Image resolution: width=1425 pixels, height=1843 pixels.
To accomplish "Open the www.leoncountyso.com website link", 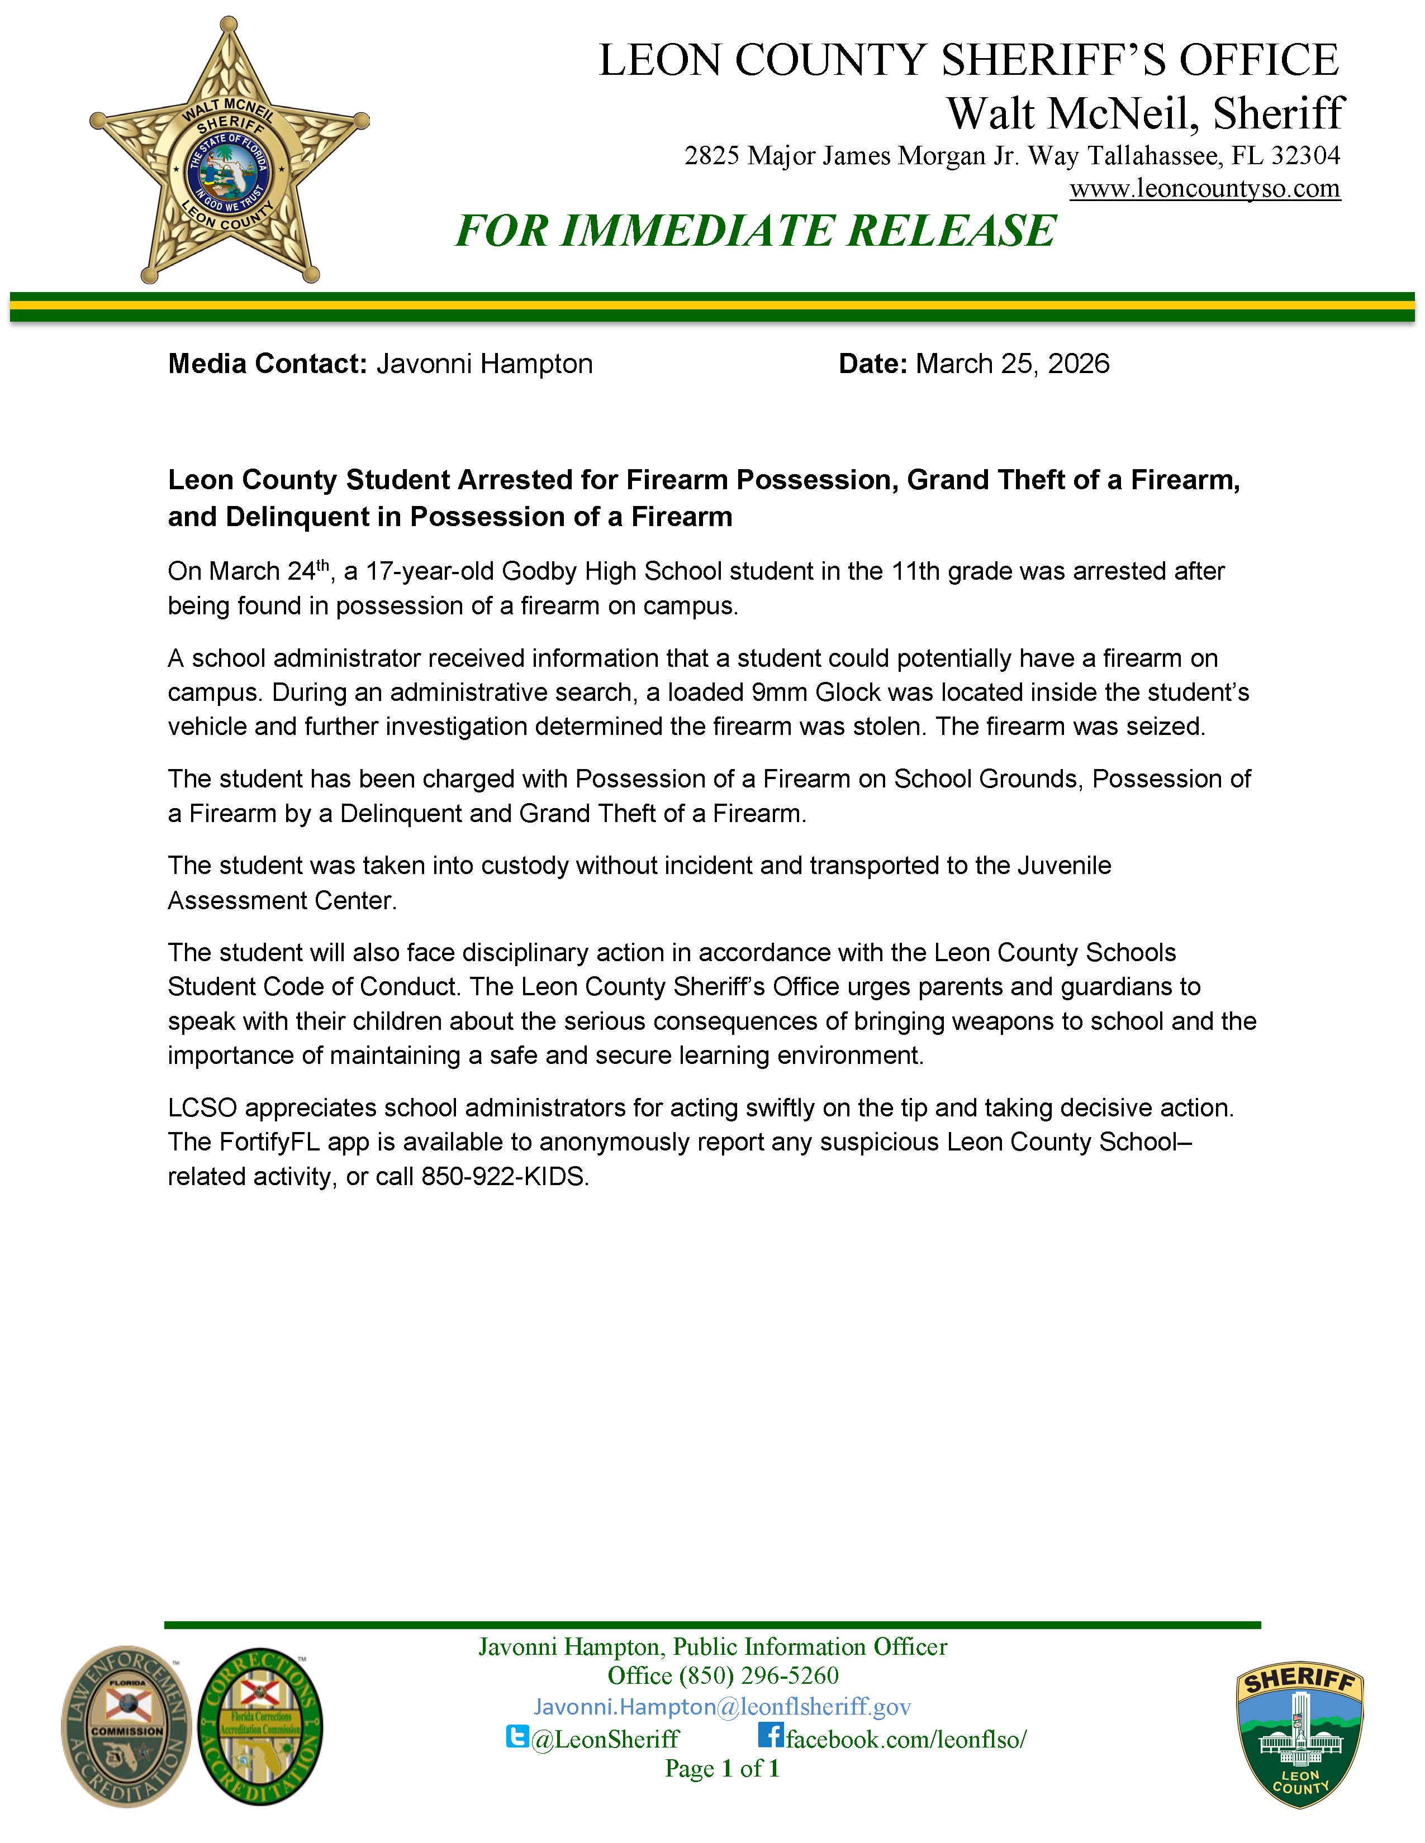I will [x=1205, y=188].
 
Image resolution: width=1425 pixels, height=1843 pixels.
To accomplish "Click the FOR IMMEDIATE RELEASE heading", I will [x=756, y=230].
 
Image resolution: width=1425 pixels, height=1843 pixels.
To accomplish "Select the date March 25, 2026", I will [x=1012, y=364].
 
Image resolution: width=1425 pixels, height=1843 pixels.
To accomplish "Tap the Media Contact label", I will [x=267, y=364].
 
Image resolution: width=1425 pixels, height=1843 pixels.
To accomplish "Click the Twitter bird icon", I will [x=517, y=1736].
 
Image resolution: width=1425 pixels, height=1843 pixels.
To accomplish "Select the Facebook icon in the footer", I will [x=770, y=1735].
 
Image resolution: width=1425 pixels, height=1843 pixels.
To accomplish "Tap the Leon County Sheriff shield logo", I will [x=1299, y=1734].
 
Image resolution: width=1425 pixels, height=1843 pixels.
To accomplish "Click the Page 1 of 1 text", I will [x=722, y=1768].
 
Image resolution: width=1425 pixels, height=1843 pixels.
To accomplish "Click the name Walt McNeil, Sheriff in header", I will [x=1144, y=113].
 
